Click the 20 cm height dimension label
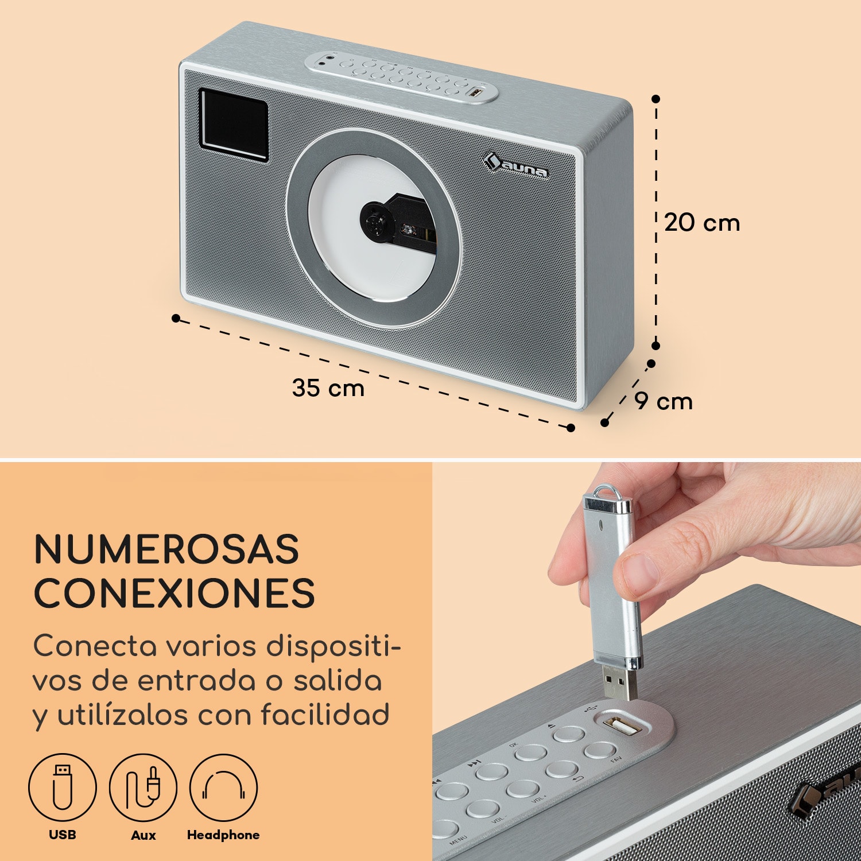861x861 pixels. (x=702, y=223)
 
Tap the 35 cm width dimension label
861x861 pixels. (x=328, y=388)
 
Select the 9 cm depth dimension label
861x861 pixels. (x=664, y=401)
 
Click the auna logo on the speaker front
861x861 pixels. (x=515, y=166)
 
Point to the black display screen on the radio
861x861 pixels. (x=234, y=125)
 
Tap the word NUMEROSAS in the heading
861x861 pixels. (x=166, y=549)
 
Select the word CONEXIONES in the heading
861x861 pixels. (x=174, y=592)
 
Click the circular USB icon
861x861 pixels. (x=62, y=788)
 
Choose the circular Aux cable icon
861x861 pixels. (x=143, y=788)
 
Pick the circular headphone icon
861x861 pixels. (x=223, y=788)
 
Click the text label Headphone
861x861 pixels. (x=223, y=835)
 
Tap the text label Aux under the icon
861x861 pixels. (x=143, y=835)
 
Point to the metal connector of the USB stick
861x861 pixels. (x=620, y=684)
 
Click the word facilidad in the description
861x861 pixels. (x=325, y=715)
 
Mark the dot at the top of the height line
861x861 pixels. (x=656, y=99)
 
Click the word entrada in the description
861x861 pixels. (x=196, y=681)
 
